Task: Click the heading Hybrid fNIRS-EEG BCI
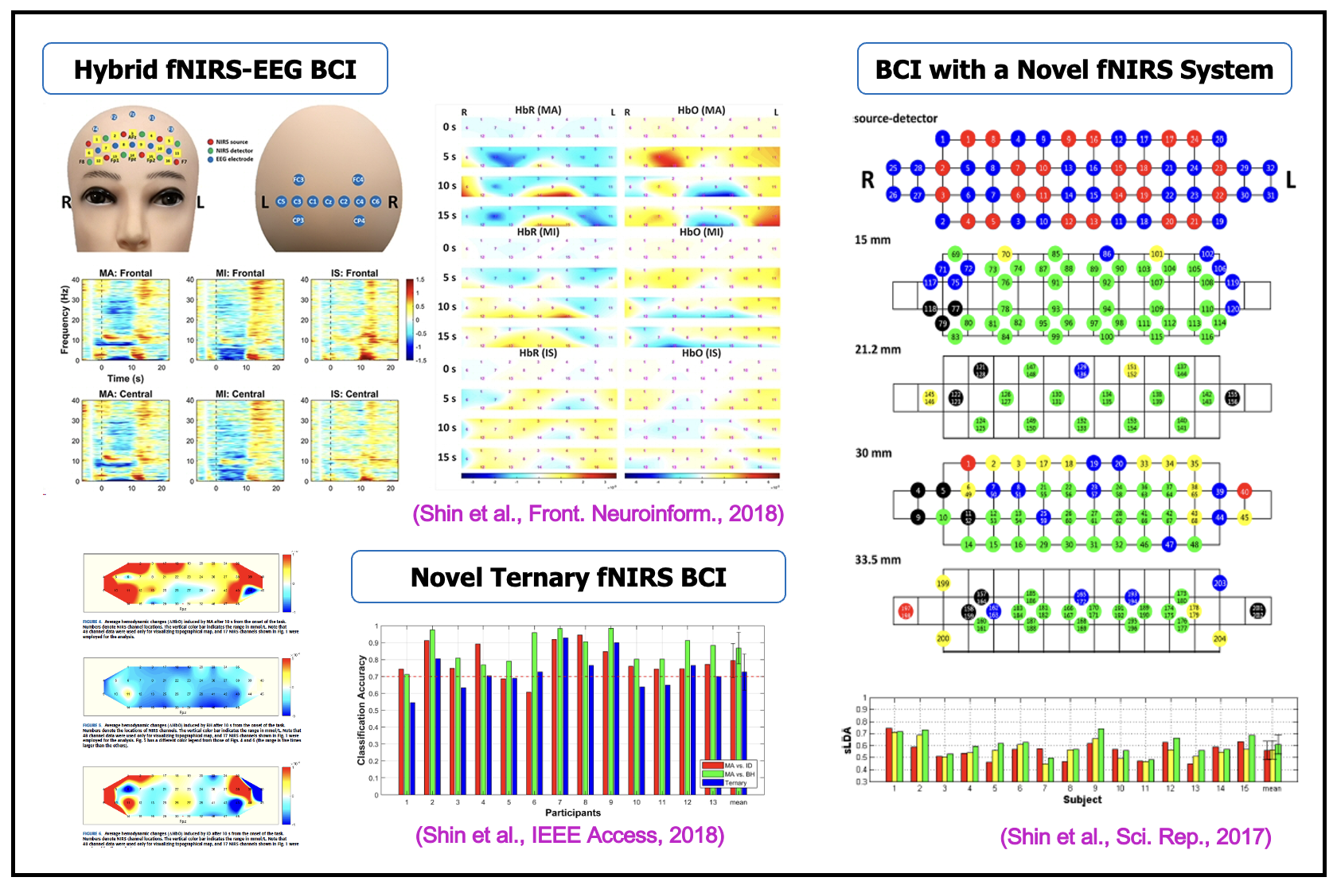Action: point(215,69)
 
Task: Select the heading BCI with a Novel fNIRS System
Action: point(1074,69)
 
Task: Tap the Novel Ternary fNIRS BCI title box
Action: point(568,577)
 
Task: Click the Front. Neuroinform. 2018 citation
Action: point(598,513)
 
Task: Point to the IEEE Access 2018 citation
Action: point(570,835)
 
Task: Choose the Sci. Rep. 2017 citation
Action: point(1136,836)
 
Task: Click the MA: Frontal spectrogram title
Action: point(126,273)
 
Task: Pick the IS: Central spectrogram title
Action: point(355,394)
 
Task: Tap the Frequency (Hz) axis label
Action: point(65,319)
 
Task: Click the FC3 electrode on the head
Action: point(298,180)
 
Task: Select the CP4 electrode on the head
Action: point(360,220)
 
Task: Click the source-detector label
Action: point(895,119)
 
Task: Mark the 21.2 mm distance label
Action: point(878,349)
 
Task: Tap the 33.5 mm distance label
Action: point(878,559)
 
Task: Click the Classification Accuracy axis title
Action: point(361,710)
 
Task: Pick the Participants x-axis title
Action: point(572,813)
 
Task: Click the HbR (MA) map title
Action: point(538,110)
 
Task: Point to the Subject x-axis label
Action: point(1082,799)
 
